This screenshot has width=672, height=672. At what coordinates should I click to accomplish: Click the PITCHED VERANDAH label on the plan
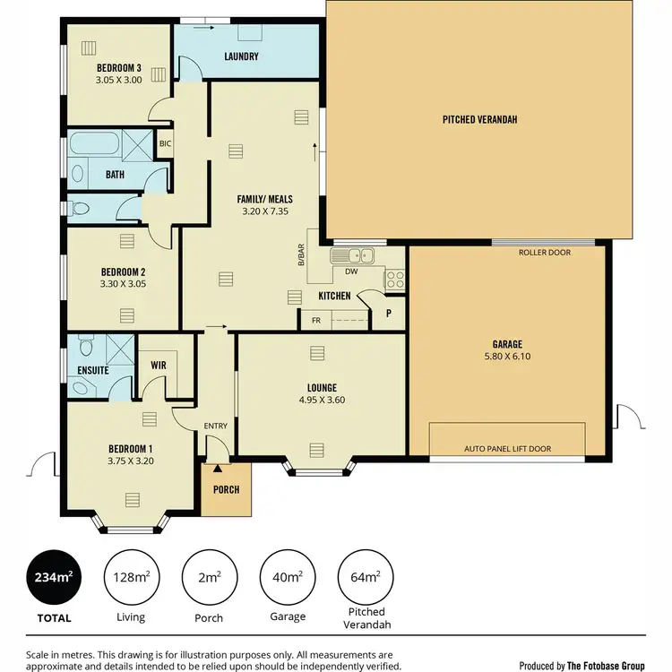(x=480, y=119)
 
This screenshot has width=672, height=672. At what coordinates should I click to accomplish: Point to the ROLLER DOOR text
(x=545, y=253)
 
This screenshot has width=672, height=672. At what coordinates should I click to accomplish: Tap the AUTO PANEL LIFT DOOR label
(x=507, y=449)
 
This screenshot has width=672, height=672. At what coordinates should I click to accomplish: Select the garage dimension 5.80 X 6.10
(x=507, y=356)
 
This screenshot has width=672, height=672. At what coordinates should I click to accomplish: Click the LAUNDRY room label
(x=241, y=57)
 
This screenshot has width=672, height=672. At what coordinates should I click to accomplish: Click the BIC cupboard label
(x=165, y=143)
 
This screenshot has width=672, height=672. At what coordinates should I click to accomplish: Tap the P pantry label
(x=389, y=314)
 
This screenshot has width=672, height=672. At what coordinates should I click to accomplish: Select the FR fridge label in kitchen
(x=316, y=320)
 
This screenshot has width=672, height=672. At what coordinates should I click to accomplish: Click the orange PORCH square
(x=227, y=489)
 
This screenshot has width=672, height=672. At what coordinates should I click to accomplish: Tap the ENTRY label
(x=216, y=426)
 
